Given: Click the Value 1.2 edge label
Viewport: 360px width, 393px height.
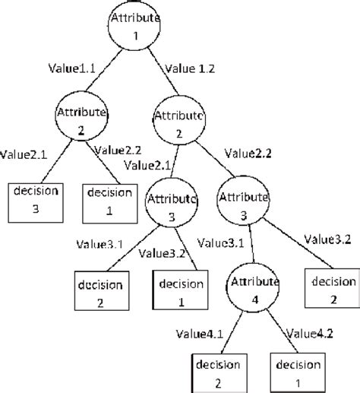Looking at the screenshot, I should tap(190, 68).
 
